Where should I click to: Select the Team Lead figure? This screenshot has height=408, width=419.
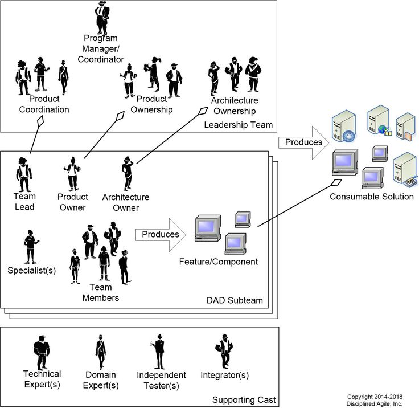(24, 174)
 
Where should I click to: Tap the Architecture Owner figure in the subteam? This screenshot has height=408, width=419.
(126, 173)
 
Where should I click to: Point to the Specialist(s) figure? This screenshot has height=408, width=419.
(31, 246)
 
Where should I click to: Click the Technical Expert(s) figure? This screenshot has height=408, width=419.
(42, 351)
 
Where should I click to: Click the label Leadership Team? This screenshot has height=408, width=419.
(238, 124)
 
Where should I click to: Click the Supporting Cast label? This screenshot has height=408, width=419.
(244, 400)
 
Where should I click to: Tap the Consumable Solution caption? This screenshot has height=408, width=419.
(372, 197)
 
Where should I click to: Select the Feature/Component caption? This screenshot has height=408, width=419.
(219, 262)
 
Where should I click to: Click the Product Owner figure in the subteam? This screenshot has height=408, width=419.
(73, 173)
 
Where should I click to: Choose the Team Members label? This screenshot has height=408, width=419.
(101, 293)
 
